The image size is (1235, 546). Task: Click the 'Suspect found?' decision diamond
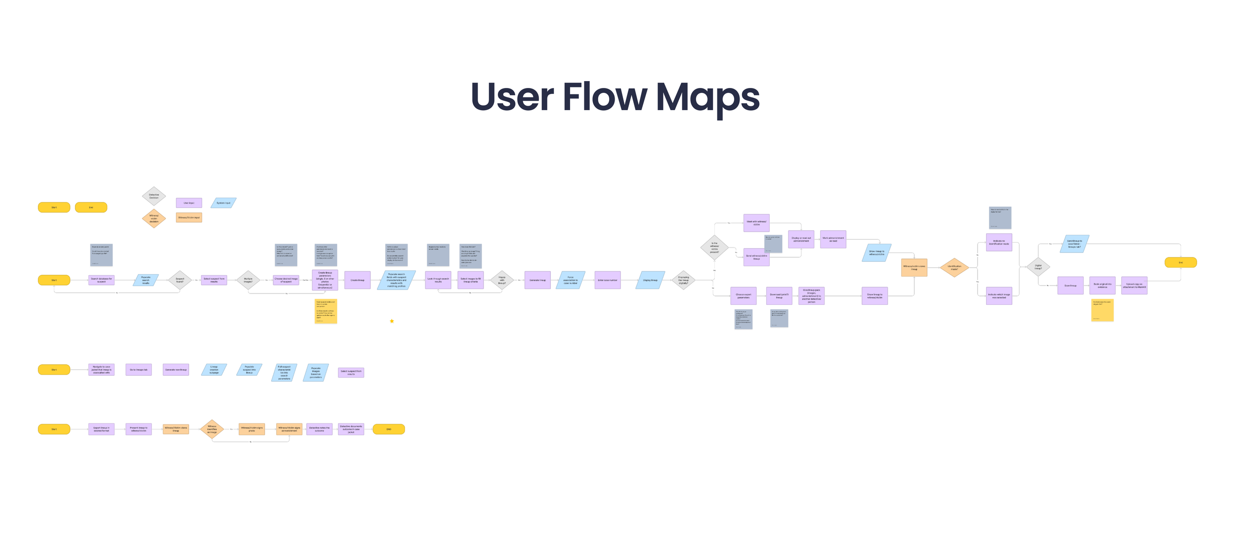coord(180,280)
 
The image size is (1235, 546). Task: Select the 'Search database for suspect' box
coord(101,280)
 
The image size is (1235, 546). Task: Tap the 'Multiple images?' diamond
coord(248,280)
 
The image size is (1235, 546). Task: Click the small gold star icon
coord(392,321)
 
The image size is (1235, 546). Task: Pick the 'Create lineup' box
coord(357,280)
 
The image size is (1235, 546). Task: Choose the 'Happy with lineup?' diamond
coord(502,280)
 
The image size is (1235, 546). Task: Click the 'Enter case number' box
coord(607,280)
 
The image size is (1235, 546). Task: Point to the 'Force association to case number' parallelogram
coord(571,280)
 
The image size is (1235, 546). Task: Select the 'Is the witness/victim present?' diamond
coord(714,248)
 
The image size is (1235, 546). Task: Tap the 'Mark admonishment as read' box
coord(833,240)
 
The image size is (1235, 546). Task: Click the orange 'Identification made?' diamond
coord(954,268)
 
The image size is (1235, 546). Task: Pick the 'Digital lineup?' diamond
coord(1038,267)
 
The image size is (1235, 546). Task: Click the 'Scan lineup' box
coord(1070,286)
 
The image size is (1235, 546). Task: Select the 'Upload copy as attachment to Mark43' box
coord(1134,286)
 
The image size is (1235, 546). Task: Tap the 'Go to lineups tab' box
coord(138,370)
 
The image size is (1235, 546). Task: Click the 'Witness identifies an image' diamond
coord(212,429)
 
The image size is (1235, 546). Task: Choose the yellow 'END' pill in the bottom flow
coord(389,429)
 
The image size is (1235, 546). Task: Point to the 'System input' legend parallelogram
coord(223,203)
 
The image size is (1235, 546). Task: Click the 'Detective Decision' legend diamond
coord(154,196)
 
